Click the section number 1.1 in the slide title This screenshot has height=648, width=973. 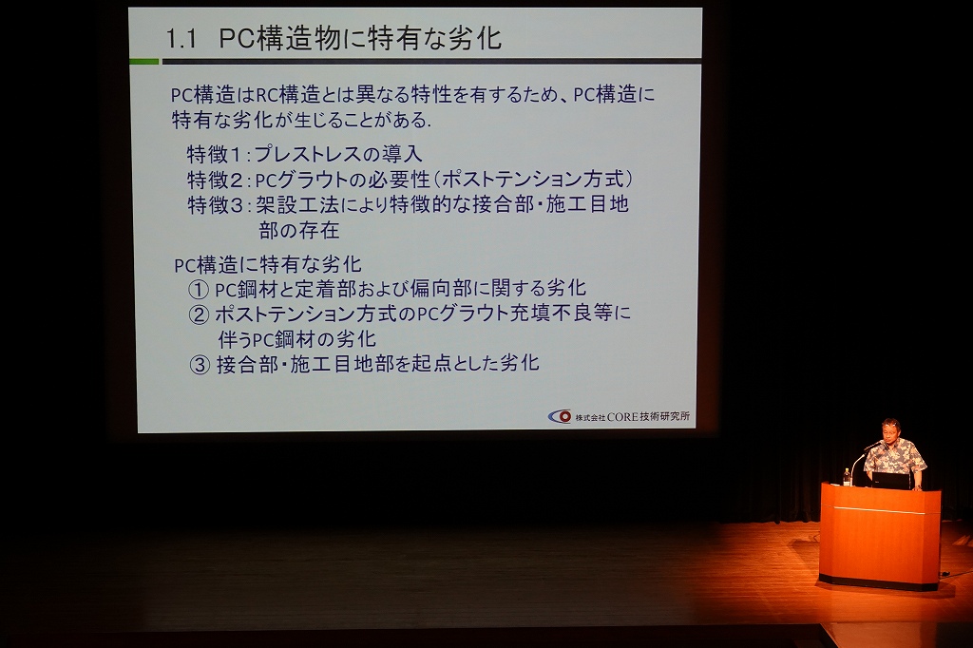181,39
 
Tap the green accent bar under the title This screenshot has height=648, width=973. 144,62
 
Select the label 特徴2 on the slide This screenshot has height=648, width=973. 216,180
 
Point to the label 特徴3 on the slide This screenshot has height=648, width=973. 216,205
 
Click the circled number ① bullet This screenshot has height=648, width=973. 198,289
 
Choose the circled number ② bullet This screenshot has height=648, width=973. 199,314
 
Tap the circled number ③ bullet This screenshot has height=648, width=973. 200,365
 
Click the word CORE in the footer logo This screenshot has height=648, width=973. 621,416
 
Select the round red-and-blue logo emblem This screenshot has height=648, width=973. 560,416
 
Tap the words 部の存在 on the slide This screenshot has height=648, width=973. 299,231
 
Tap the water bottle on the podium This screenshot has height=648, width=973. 847,476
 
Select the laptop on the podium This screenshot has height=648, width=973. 891,481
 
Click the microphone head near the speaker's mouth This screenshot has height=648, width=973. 876,445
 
